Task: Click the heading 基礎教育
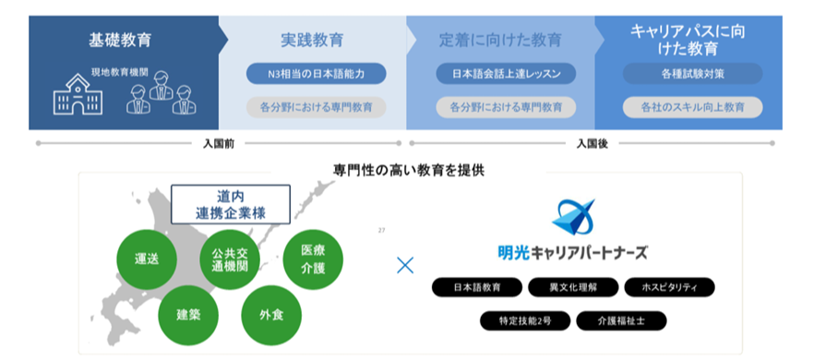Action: tap(121, 41)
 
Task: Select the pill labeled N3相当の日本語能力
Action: tap(316, 74)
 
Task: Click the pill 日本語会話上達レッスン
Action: tap(505, 74)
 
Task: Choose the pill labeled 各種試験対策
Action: tap(692, 74)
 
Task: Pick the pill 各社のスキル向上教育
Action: tap(692, 107)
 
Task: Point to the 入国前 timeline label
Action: tap(218, 144)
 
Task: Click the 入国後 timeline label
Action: tap(592, 144)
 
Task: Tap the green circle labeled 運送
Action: tap(148, 258)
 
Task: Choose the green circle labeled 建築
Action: tap(188, 313)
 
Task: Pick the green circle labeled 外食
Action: tap(270, 314)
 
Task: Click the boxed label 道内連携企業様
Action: tap(231, 205)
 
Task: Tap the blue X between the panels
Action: tap(404, 266)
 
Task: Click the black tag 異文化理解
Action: tap(572, 287)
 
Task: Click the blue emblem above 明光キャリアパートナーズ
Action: tap(573, 219)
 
